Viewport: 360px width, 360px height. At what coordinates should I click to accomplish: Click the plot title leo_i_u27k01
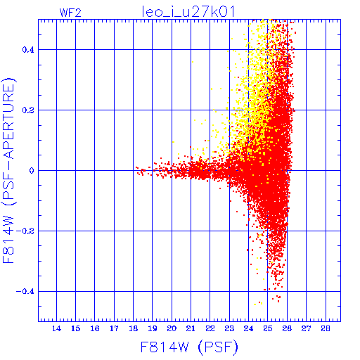click(188, 12)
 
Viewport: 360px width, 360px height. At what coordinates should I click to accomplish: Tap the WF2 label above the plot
click(70, 13)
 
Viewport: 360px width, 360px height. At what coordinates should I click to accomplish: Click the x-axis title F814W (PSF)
click(189, 347)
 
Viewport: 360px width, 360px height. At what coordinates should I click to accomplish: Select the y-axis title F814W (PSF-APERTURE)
click(9, 170)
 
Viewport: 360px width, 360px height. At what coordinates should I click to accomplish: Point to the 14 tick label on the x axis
click(56, 328)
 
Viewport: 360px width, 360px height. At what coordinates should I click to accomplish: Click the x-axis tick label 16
click(95, 328)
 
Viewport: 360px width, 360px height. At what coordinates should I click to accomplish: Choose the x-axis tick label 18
click(134, 328)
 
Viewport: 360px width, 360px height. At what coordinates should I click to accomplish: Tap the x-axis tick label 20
click(172, 328)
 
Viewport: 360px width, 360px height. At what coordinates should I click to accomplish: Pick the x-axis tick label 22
click(210, 328)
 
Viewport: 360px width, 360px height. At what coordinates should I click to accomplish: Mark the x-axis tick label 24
click(249, 328)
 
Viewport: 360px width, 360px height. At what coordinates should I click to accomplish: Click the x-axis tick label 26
click(287, 328)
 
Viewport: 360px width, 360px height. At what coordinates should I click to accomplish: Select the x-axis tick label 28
click(326, 328)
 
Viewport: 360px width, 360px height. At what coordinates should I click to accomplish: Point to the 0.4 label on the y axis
click(28, 50)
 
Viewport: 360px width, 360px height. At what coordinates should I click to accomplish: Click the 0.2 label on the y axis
click(28, 110)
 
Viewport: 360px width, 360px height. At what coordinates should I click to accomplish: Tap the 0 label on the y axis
click(32, 171)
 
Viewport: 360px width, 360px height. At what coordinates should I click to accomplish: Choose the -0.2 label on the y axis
click(25, 231)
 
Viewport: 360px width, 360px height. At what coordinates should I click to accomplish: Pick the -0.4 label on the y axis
click(25, 292)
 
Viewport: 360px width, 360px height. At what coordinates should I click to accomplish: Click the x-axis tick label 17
click(114, 328)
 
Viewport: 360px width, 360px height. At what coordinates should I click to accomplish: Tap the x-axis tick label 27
click(307, 328)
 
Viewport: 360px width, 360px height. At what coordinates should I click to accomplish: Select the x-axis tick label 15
click(76, 328)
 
